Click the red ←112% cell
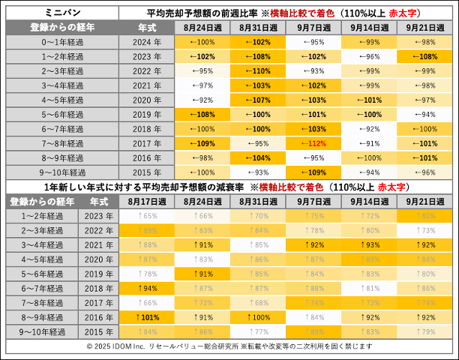click(x=313, y=143)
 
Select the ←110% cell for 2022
click(x=258, y=70)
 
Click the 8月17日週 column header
click(x=147, y=202)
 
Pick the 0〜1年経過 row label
click(x=62, y=42)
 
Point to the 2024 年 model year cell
click(x=147, y=42)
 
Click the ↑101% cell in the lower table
click(x=147, y=317)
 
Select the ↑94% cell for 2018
click(x=147, y=288)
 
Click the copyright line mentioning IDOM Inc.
click(x=229, y=346)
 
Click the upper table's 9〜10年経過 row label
click(x=62, y=172)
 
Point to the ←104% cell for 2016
click(x=258, y=157)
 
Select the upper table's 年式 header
click(x=147, y=27)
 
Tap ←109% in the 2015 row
click(x=313, y=172)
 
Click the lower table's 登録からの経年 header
click(x=42, y=202)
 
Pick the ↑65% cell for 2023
click(x=147, y=216)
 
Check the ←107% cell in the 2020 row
click(x=258, y=100)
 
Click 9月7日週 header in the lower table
click(x=314, y=202)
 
